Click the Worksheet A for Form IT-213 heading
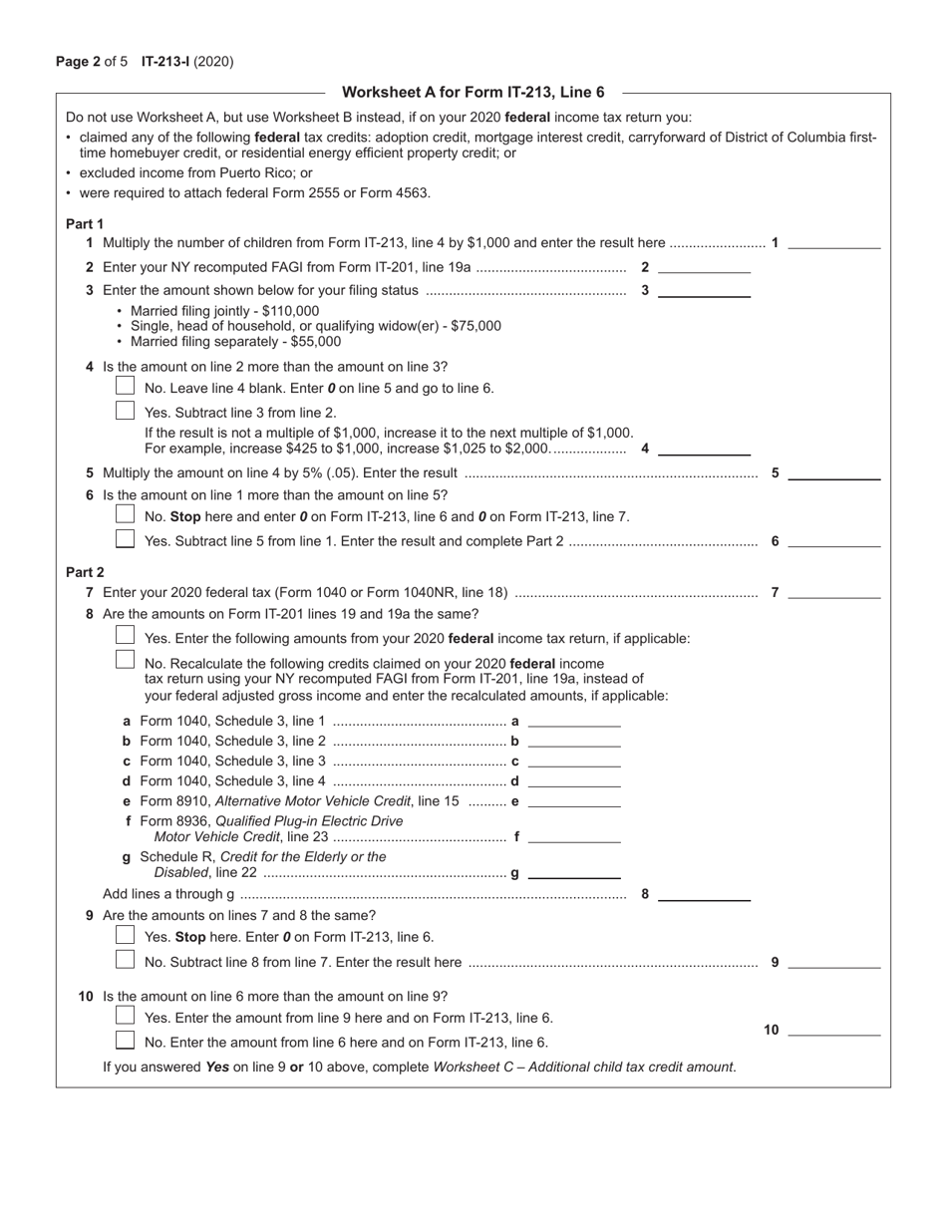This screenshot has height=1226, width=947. point(473,93)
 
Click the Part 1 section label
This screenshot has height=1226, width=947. point(85,223)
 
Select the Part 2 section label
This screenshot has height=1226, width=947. point(85,572)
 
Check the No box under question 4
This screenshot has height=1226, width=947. point(125,386)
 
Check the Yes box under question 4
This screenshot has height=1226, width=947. point(125,410)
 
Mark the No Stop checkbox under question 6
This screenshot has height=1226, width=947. point(125,514)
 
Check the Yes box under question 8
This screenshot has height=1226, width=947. point(125,636)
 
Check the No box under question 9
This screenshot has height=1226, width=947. point(125,960)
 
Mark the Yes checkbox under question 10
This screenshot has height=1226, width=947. point(125,1016)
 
